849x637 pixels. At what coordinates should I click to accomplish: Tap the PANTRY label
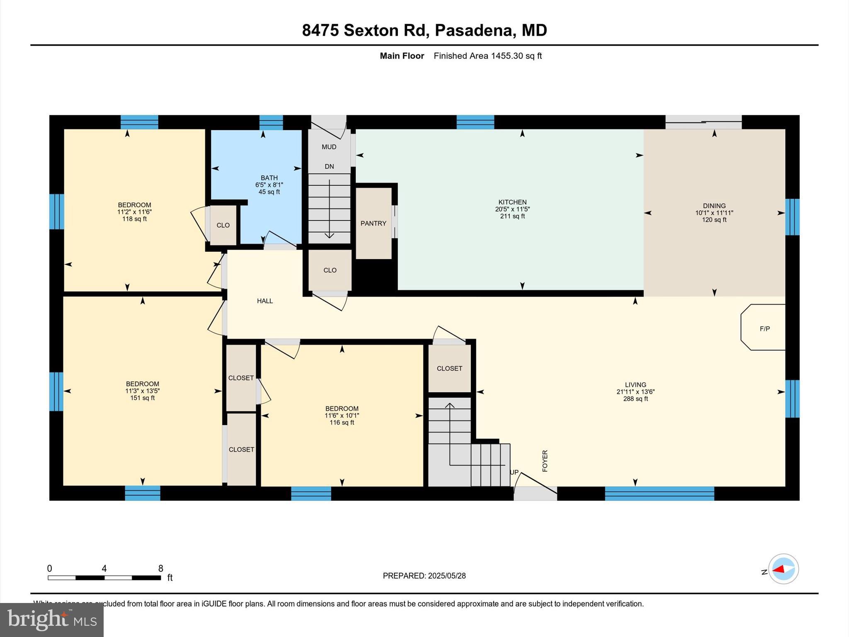373,223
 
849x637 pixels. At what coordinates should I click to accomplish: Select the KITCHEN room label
512,202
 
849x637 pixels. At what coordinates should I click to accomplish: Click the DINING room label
714,206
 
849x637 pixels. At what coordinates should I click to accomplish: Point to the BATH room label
269,178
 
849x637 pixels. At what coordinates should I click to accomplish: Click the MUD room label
329,147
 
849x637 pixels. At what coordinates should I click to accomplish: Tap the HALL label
264,301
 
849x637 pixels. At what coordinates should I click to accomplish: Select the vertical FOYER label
545,461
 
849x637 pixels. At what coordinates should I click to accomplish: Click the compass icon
783,569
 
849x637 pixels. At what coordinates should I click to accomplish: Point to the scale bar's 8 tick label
160,569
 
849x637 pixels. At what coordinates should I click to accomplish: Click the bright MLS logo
52,620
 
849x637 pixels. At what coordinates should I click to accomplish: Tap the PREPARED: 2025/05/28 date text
424,576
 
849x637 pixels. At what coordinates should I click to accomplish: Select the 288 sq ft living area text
635,399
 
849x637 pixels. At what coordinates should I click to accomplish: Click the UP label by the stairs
514,472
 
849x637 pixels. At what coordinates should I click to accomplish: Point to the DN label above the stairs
329,166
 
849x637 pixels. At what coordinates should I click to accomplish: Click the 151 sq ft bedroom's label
142,384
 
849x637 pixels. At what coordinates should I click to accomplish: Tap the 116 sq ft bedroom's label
342,408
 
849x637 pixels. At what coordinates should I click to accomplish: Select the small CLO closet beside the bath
223,225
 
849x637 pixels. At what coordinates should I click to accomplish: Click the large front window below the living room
659,493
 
